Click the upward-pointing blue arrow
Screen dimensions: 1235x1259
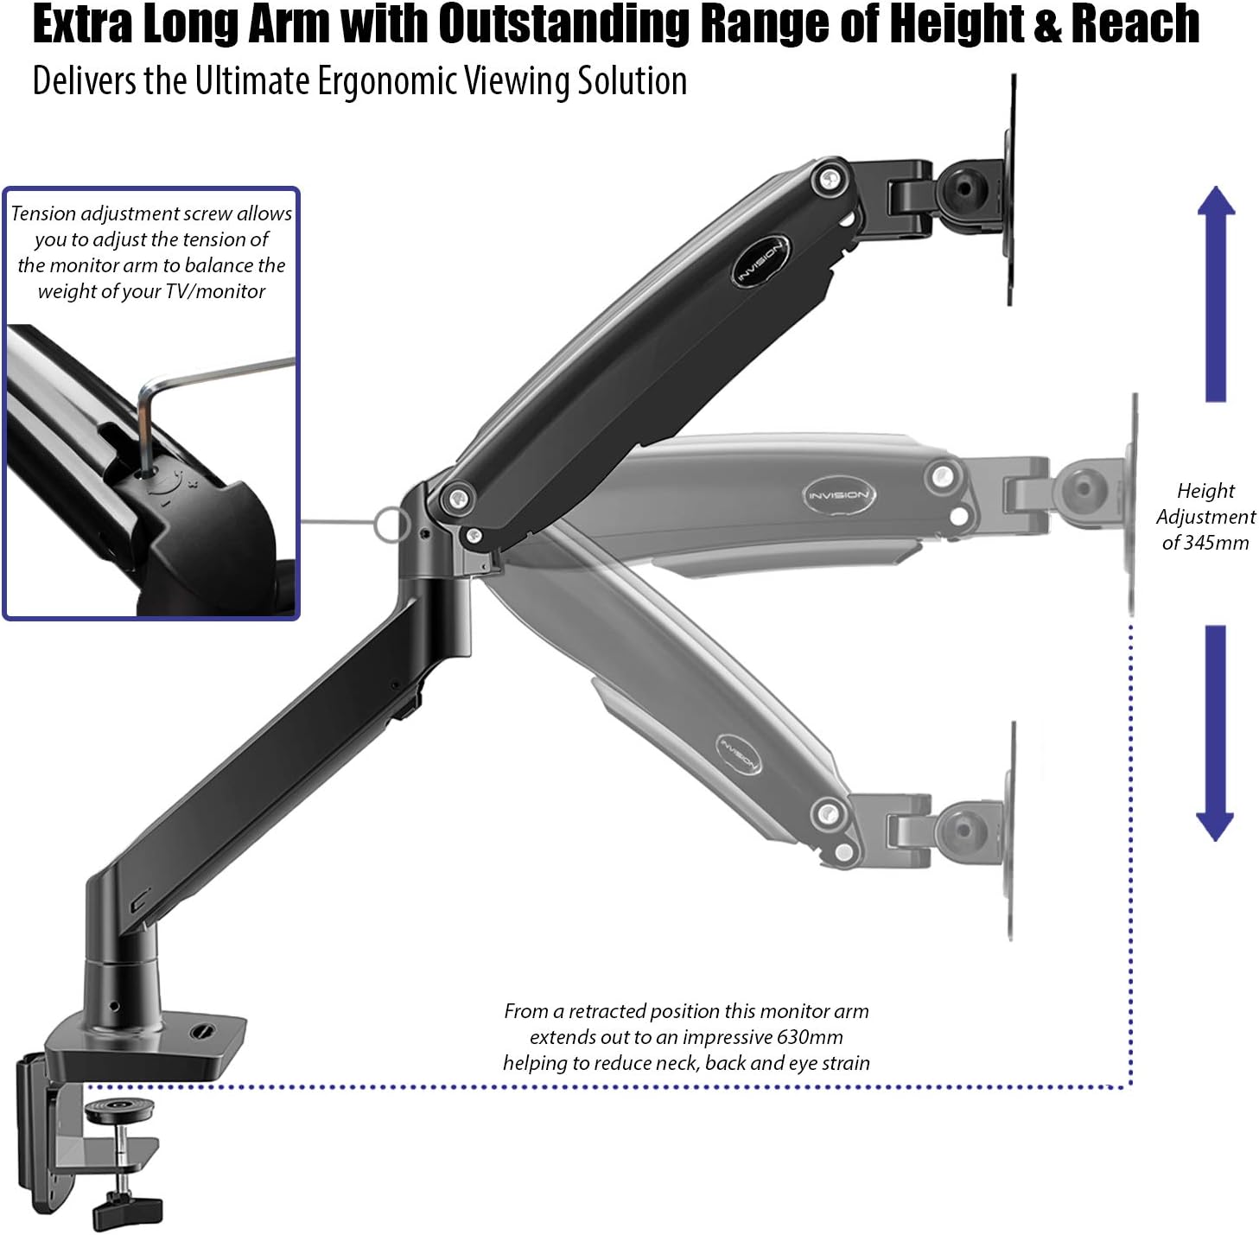1216,294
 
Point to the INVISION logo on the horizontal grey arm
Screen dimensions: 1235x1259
837,495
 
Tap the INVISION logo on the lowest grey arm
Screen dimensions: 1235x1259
739,754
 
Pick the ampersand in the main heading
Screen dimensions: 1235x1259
1046,24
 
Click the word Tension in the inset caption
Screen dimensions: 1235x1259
43,213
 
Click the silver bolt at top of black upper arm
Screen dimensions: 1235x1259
831,179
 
